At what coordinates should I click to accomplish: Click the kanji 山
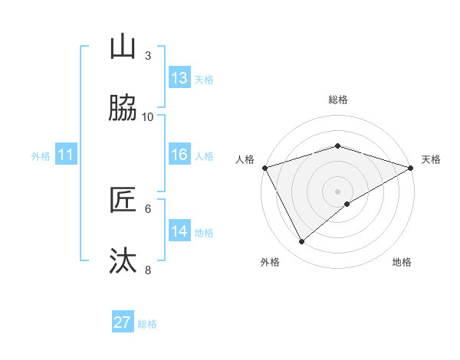click(123, 47)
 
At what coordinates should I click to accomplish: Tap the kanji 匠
click(123, 201)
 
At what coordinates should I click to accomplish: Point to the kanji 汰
click(123, 261)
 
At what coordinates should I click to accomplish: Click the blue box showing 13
click(179, 78)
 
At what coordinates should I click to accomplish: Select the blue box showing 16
click(179, 155)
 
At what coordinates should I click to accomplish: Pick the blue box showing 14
click(179, 231)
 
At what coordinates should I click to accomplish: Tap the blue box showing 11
click(66, 155)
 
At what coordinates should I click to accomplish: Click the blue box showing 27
click(123, 322)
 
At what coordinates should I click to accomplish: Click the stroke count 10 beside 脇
click(148, 116)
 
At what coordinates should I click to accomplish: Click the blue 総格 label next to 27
click(147, 324)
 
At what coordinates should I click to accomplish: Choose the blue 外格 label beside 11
click(41, 156)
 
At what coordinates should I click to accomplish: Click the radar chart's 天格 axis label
click(431, 159)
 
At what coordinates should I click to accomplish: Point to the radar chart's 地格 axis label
click(402, 262)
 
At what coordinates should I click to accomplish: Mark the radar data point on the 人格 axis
click(264, 168)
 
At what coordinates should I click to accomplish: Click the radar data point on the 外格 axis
click(302, 242)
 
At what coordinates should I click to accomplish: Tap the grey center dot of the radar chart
click(337, 191)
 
